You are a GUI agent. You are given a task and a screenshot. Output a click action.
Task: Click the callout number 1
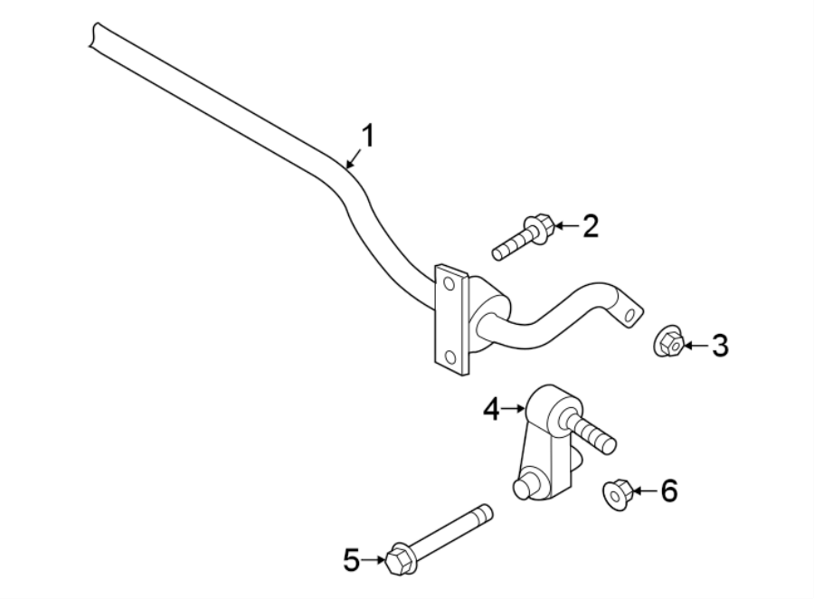(x=367, y=137)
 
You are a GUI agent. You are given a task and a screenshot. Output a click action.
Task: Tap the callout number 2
(x=590, y=225)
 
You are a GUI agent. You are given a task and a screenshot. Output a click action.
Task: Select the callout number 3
(x=719, y=345)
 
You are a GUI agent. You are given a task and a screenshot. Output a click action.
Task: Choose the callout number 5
(x=352, y=560)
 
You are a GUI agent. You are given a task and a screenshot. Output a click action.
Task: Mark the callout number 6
(x=668, y=491)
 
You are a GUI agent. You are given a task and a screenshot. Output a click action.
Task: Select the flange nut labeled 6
(x=616, y=493)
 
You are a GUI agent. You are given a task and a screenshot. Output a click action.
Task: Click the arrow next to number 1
(x=353, y=160)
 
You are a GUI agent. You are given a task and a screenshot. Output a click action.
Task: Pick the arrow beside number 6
(x=643, y=491)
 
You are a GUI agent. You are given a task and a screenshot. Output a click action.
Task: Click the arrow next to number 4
(x=516, y=410)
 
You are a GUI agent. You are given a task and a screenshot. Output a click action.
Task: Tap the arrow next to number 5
(x=374, y=560)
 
